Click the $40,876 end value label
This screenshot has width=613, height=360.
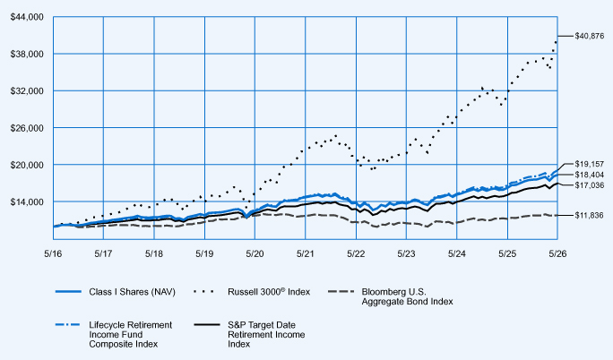click(x=589, y=37)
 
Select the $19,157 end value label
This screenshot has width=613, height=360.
click(x=589, y=164)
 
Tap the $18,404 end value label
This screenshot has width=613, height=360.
click(x=589, y=175)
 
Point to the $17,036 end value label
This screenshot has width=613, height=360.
click(x=589, y=185)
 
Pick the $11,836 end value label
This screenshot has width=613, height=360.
click(x=589, y=216)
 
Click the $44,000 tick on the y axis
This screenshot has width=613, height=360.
click(x=27, y=17)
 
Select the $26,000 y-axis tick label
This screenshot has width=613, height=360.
click(x=27, y=128)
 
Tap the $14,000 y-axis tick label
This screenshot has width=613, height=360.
click(x=27, y=201)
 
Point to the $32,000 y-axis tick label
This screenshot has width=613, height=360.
click(x=27, y=91)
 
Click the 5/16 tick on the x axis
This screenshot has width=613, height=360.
click(x=53, y=253)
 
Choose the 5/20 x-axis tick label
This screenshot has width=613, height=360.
click(x=255, y=253)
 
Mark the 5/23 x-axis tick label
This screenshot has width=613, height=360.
click(x=406, y=253)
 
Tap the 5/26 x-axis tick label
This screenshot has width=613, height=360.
click(x=557, y=253)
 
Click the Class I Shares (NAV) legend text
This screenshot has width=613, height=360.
click(x=132, y=292)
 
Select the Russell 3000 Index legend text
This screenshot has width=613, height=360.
click(x=269, y=292)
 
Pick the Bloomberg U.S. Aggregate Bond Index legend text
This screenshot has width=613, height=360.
click(x=408, y=296)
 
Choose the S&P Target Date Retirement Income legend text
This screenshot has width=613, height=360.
click(x=266, y=335)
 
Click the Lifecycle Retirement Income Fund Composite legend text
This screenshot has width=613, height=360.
click(x=131, y=335)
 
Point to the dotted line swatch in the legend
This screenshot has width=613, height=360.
click(x=204, y=292)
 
